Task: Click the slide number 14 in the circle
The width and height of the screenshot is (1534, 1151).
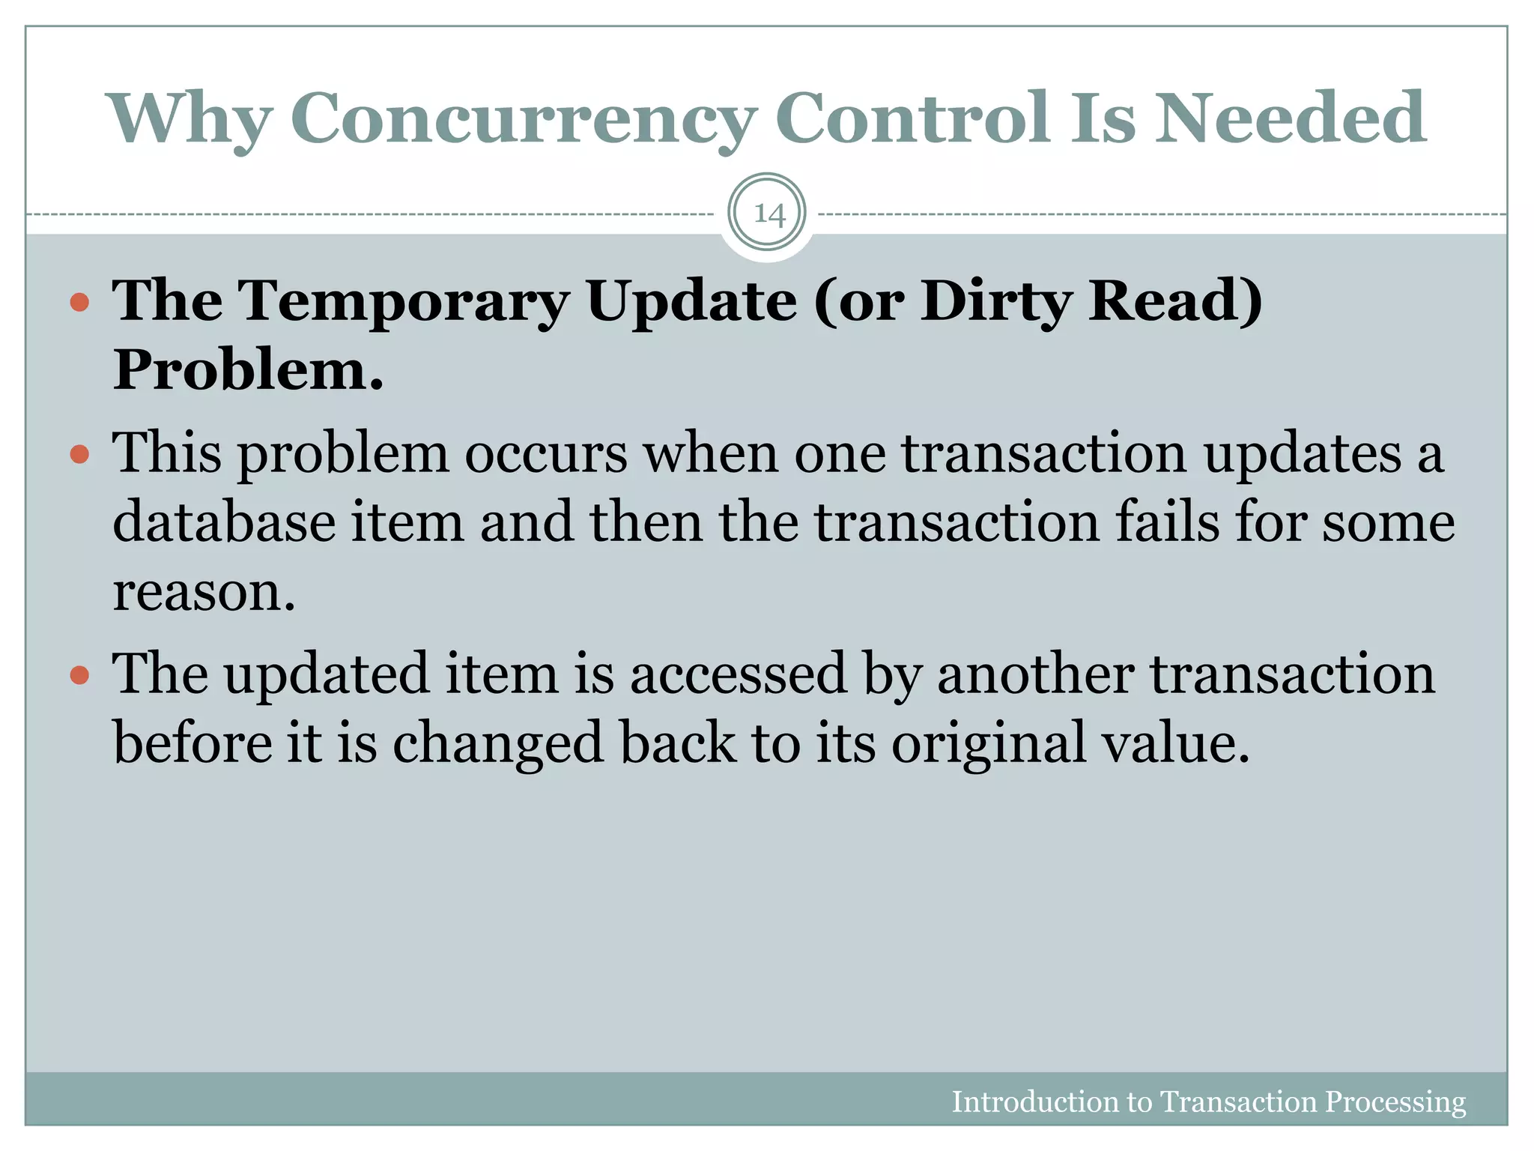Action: [x=768, y=214]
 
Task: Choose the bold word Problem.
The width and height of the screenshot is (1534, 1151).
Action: [x=248, y=370]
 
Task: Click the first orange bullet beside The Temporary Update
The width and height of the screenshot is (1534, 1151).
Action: [x=79, y=303]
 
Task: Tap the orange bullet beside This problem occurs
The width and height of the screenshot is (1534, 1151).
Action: [x=79, y=454]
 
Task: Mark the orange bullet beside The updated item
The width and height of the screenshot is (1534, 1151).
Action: [x=79, y=675]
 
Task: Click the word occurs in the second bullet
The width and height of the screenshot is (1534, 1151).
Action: [x=546, y=454]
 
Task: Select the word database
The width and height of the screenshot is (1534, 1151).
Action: [x=224, y=522]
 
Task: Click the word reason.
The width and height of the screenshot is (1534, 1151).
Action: [x=204, y=592]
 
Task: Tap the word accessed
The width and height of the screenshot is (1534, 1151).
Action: [x=738, y=674]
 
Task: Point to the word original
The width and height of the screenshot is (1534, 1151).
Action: [x=988, y=743]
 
